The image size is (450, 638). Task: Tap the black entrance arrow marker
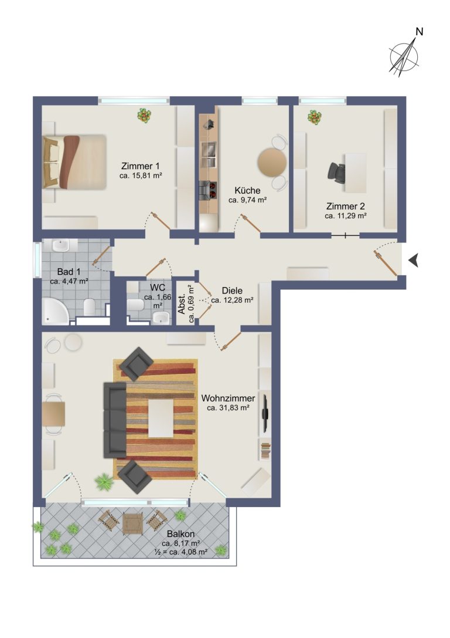(x=414, y=260)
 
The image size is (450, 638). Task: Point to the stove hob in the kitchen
(x=209, y=190)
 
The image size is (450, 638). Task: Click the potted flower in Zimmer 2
(x=314, y=117)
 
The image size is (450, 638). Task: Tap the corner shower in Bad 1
(x=56, y=311)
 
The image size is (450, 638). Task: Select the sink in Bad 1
(x=61, y=245)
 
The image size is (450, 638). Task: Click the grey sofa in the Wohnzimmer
(x=115, y=420)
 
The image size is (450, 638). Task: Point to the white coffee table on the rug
(x=161, y=418)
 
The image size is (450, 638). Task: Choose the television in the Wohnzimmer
(x=265, y=413)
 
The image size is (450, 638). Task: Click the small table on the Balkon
(x=133, y=522)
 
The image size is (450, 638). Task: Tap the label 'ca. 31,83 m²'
(x=228, y=408)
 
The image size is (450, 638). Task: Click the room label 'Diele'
(x=232, y=291)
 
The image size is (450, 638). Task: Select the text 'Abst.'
(x=182, y=304)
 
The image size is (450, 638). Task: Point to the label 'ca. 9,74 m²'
(x=247, y=200)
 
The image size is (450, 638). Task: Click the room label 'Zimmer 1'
(x=141, y=166)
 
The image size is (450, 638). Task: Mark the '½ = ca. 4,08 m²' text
(x=181, y=552)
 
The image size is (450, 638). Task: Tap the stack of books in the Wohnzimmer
(x=265, y=451)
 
